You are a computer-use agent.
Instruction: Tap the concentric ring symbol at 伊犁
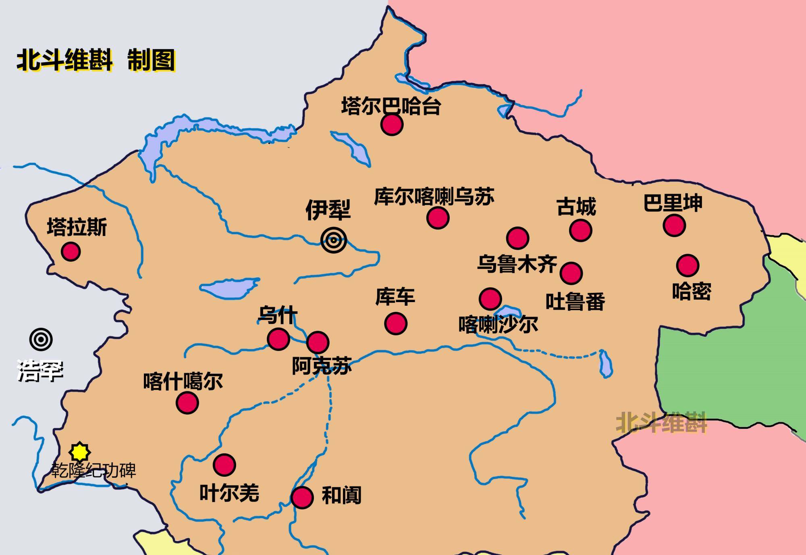(334, 240)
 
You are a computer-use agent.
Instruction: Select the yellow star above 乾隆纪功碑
(79, 452)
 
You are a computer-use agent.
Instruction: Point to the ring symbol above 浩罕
(41, 340)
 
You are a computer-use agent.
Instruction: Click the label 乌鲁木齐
(517, 265)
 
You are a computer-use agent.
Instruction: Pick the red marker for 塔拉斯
(71, 252)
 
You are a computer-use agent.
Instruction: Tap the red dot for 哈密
(688, 265)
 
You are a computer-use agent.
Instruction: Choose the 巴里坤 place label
(673, 203)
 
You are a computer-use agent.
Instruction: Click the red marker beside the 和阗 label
(302, 497)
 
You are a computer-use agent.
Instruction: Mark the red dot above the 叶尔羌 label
(224, 465)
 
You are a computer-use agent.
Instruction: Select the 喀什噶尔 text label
(183, 381)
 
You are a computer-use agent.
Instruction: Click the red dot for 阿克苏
(318, 342)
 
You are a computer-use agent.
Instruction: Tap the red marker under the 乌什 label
(278, 339)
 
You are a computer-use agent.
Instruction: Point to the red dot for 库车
(395, 323)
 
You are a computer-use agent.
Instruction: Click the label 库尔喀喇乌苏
(434, 197)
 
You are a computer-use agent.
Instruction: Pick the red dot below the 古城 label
(580, 230)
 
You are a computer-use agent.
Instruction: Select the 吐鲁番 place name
(575, 301)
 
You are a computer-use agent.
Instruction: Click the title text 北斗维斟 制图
(96, 61)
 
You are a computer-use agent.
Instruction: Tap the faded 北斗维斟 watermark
(661, 422)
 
